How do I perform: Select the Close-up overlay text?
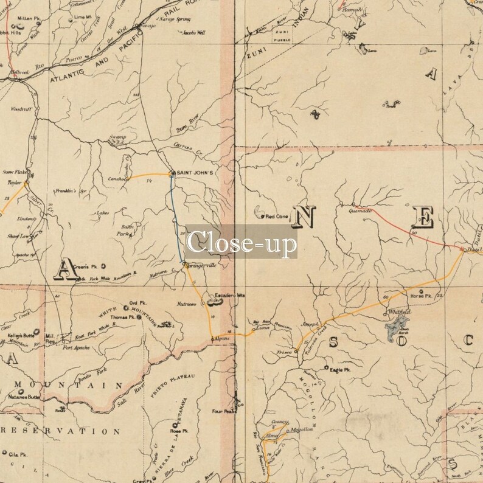[x=241, y=242]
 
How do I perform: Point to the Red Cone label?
[x=277, y=216]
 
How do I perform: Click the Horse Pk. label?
[x=420, y=296]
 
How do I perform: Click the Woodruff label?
[x=20, y=109]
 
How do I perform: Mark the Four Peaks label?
[x=223, y=411]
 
